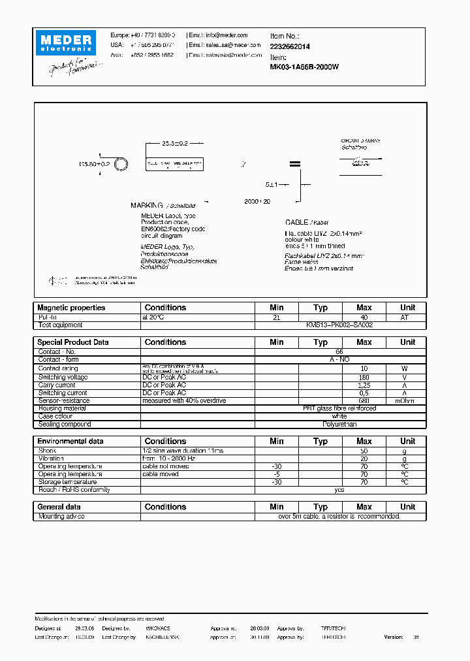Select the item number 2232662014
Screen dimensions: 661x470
coord(290,46)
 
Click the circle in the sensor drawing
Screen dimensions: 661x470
coord(121,165)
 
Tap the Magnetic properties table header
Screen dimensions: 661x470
coord(71,308)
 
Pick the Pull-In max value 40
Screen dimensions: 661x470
coord(364,317)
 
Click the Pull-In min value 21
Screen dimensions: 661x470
coord(276,317)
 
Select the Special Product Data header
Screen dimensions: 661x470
coord(73,342)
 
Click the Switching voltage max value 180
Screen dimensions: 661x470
coord(364,377)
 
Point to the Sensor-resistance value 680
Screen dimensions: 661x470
coord(364,400)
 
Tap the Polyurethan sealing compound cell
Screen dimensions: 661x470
coord(339,424)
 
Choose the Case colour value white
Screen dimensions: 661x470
coord(339,416)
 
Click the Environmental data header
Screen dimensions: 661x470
coord(70,442)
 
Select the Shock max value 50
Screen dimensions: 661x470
coord(364,451)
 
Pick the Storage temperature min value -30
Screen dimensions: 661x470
coord(276,482)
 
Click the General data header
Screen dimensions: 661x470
coord(59,507)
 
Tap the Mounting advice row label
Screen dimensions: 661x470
coord(61,516)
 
